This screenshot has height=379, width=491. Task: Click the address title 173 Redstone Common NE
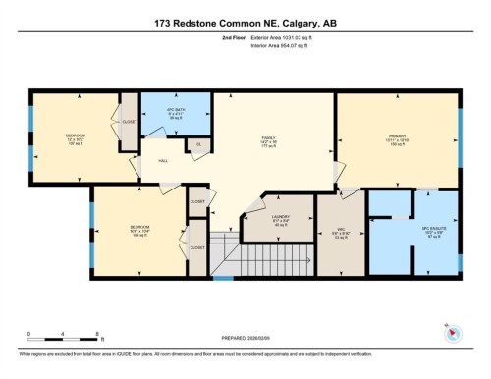click(245, 24)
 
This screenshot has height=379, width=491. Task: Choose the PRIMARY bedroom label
click(398, 138)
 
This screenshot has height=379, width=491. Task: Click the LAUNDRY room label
click(279, 221)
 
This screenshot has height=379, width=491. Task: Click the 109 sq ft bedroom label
click(139, 232)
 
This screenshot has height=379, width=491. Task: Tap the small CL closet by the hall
click(199, 145)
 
